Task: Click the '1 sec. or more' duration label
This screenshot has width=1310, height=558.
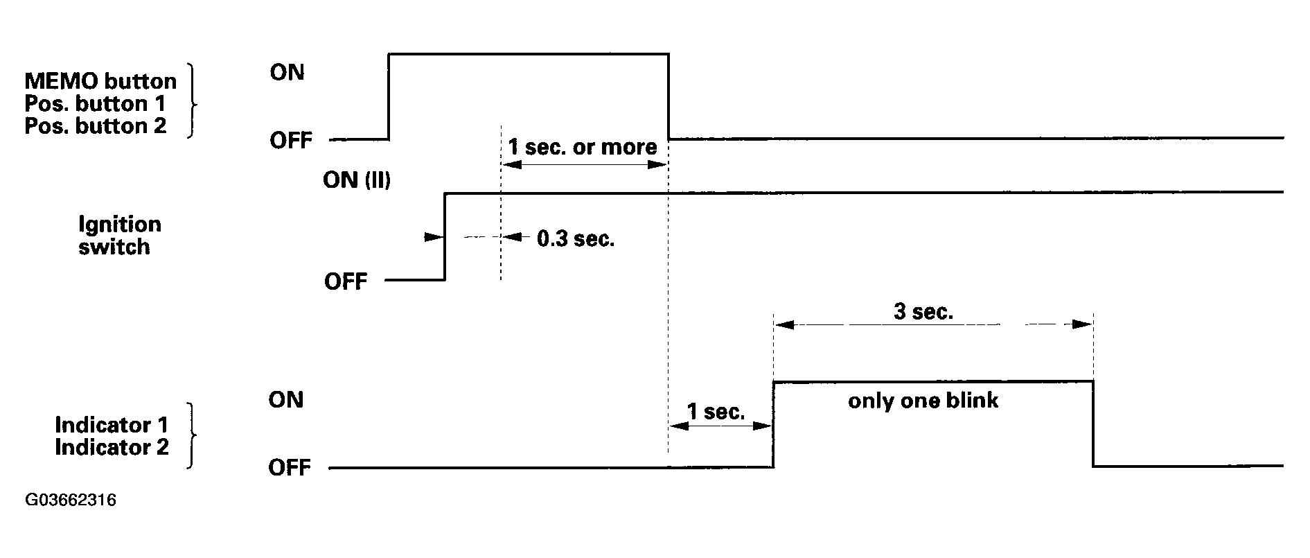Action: pyautogui.click(x=583, y=147)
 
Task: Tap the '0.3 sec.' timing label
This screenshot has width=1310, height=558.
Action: pyautogui.click(x=576, y=239)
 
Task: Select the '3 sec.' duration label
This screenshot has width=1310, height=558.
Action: pyautogui.click(x=923, y=312)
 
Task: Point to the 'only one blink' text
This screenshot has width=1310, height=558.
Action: pyautogui.click(x=923, y=401)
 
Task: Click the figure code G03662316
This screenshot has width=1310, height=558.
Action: pyautogui.click(x=70, y=500)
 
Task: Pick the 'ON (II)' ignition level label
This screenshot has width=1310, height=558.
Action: pyautogui.click(x=357, y=180)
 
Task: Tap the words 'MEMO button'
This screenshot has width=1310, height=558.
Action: pyautogui.click(x=100, y=81)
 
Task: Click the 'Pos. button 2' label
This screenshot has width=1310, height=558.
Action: pyautogui.click(x=96, y=126)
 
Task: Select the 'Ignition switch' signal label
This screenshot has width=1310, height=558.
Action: pyautogui.click(x=119, y=235)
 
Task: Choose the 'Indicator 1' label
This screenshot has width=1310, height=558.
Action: pyautogui.click(x=112, y=424)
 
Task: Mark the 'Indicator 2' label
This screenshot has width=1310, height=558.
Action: pyautogui.click(x=112, y=447)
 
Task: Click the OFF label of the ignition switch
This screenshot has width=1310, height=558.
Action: pyautogui.click(x=346, y=281)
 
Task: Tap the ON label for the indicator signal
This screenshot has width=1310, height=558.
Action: pyautogui.click(x=286, y=400)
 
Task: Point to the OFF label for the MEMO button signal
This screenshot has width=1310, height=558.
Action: pyautogui.click(x=291, y=141)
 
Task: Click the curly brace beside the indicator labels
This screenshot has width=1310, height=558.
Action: pyautogui.click(x=191, y=436)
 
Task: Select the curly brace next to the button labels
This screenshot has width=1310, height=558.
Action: pyautogui.click(x=193, y=103)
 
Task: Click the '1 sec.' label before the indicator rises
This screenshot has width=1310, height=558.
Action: pyautogui.click(x=716, y=412)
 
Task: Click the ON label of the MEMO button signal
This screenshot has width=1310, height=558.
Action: pyautogui.click(x=287, y=72)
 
